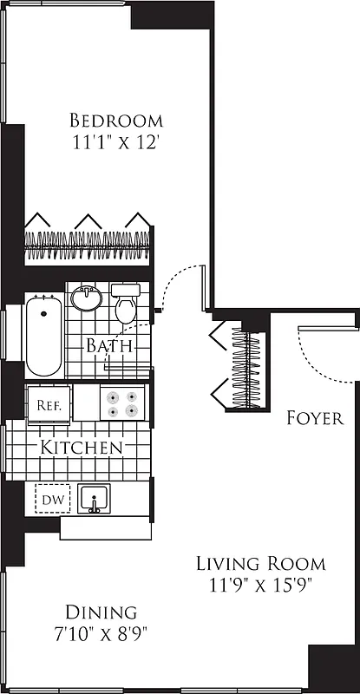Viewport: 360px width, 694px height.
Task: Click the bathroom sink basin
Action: pos(86,299)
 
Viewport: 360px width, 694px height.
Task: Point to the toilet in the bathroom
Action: pos(127,304)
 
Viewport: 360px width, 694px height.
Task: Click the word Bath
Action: pos(108,345)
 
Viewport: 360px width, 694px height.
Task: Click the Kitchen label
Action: pos(81,448)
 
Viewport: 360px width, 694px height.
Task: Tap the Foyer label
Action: pos(315,418)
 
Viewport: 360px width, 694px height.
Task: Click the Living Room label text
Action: pos(260,562)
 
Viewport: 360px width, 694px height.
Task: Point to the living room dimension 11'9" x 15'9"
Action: pos(260,585)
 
